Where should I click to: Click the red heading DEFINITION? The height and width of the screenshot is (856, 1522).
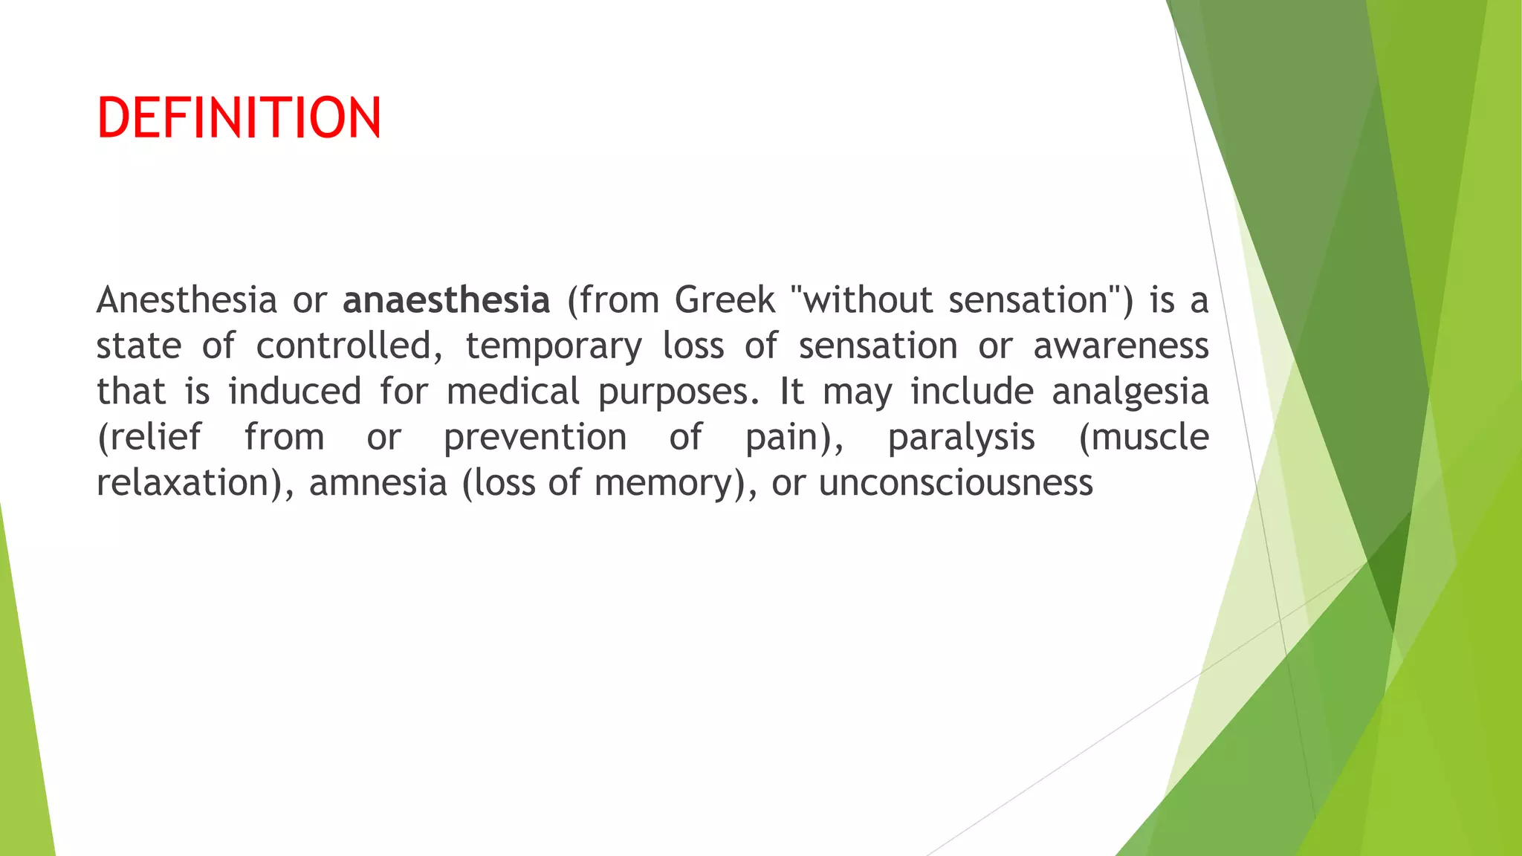239,118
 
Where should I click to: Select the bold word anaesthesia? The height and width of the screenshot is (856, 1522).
446,300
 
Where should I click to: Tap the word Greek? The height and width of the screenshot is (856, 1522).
725,300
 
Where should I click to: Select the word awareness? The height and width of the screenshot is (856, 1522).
1121,346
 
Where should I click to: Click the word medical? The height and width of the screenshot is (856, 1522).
513,392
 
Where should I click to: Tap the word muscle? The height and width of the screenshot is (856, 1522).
1150,437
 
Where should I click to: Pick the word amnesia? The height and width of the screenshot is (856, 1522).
378,483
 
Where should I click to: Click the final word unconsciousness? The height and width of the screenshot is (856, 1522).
956,483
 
